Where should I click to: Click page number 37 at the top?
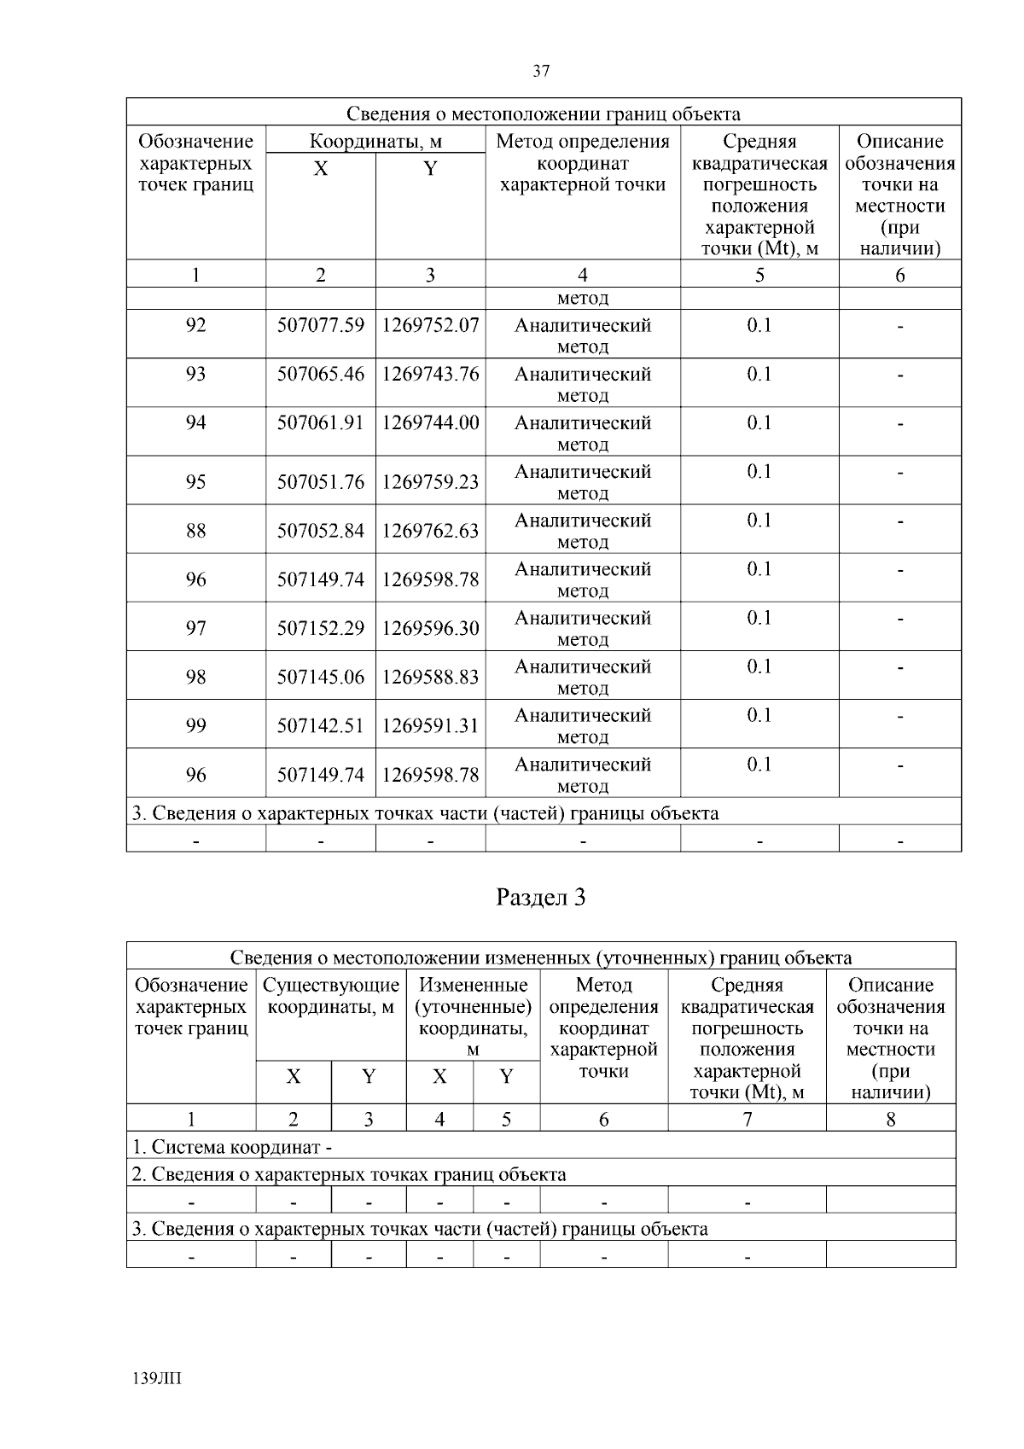click(x=541, y=71)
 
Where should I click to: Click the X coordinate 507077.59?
click(x=320, y=325)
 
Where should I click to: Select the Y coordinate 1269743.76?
click(x=430, y=374)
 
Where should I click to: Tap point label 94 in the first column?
click(x=195, y=422)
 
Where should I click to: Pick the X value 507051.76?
click(x=320, y=482)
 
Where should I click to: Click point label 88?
click(x=195, y=531)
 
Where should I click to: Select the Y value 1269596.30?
click(x=430, y=628)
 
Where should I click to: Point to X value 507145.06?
click(x=320, y=677)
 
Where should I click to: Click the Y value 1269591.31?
click(x=430, y=725)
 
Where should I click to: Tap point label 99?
click(x=195, y=725)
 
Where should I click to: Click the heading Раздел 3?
click(x=541, y=897)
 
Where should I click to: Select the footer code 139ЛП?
click(x=158, y=1378)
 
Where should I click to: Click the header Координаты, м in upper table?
click(x=375, y=141)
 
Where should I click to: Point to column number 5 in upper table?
click(x=759, y=275)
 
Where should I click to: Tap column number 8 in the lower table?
click(x=890, y=1120)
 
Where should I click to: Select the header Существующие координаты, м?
click(x=331, y=996)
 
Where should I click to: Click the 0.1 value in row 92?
click(x=759, y=325)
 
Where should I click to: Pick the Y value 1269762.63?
click(x=430, y=531)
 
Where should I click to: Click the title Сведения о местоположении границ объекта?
click(x=544, y=113)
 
